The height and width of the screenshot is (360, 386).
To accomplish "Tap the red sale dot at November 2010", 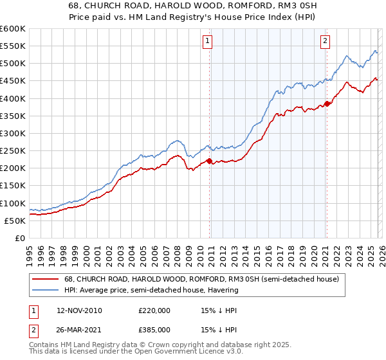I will pos(210,161).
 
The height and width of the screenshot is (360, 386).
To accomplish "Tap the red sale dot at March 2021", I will pos(327,104).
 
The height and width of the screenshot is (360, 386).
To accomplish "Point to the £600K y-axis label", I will pos(12,29).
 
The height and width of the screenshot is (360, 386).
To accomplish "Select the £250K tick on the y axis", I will pos(12,150).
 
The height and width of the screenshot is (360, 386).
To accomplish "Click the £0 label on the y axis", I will pos(19,238).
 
